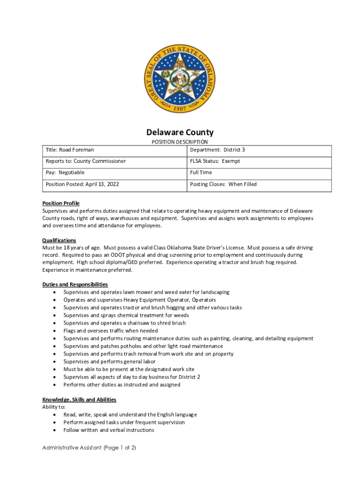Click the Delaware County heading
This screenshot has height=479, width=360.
[180, 132]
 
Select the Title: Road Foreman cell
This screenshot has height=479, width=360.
[70, 150]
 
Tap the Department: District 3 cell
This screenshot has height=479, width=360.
[217, 150]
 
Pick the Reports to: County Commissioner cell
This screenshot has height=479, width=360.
[86, 161]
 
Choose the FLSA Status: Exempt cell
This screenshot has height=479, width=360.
[215, 161]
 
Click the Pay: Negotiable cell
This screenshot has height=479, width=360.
[65, 173]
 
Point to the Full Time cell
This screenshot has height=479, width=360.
[201, 173]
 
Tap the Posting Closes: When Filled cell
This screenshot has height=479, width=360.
[223, 184]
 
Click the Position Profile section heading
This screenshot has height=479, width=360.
[61, 203]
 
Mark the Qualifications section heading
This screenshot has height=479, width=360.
[59, 240]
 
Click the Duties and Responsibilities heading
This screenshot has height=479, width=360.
[75, 284]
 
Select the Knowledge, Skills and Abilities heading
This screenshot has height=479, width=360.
[79, 399]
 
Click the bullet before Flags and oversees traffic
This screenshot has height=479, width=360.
[55, 331]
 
